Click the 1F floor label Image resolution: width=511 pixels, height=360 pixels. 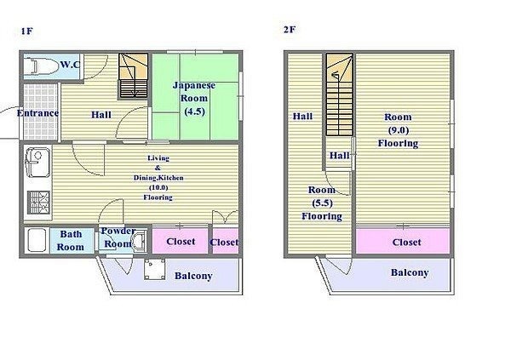click(x=26, y=31)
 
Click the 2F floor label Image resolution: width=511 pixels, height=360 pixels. click(x=290, y=30)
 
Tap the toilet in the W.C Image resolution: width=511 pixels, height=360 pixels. click(x=41, y=66)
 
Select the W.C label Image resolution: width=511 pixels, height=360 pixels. click(x=70, y=65)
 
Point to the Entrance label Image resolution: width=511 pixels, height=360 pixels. click(x=37, y=113)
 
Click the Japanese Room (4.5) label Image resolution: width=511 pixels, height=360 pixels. click(x=194, y=99)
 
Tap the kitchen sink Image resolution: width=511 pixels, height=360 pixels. click(x=37, y=163)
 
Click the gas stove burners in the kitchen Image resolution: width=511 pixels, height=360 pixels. click(x=38, y=203)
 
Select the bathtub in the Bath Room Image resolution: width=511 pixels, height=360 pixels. click(x=37, y=240)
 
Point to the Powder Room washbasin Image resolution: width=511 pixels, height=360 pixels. click(x=139, y=242)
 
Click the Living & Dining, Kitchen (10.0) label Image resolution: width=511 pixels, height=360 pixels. click(x=158, y=178)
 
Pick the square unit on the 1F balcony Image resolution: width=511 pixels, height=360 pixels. click(x=155, y=270)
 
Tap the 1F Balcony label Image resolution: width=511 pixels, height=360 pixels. click(x=193, y=276)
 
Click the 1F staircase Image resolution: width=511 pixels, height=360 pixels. click(x=133, y=76)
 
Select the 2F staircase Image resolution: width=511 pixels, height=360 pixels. click(x=340, y=94)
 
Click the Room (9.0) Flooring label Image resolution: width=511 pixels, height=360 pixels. click(x=398, y=130)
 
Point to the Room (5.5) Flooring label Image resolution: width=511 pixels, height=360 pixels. click(x=322, y=203)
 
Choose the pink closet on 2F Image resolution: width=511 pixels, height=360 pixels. click(x=403, y=242)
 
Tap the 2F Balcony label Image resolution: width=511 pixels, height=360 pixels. click(x=410, y=272)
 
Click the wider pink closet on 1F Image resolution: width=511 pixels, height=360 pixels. click(x=181, y=241)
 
